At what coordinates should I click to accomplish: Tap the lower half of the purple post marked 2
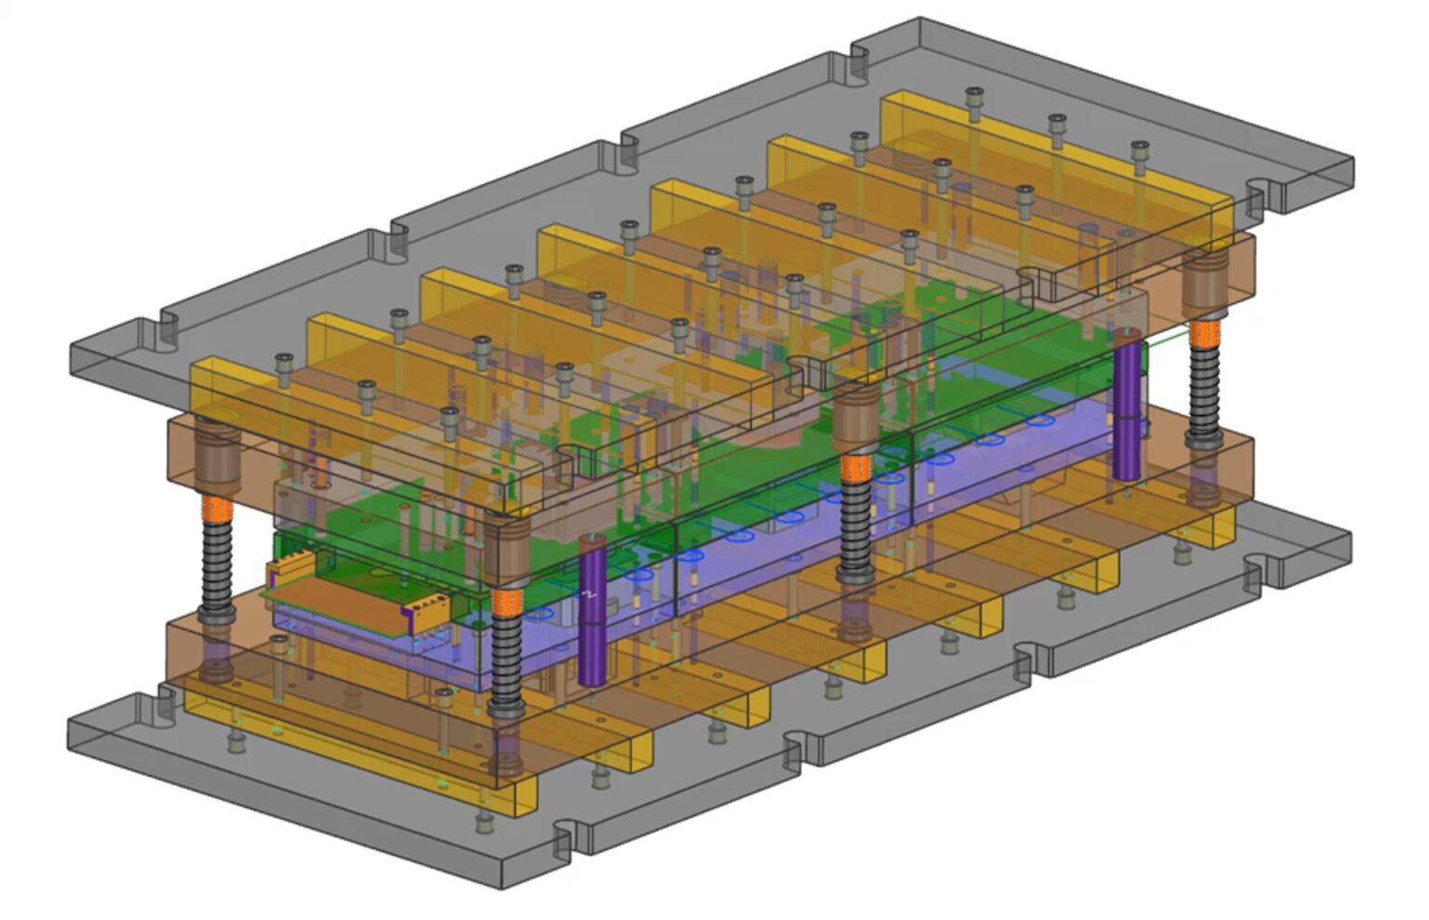(591, 651)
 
